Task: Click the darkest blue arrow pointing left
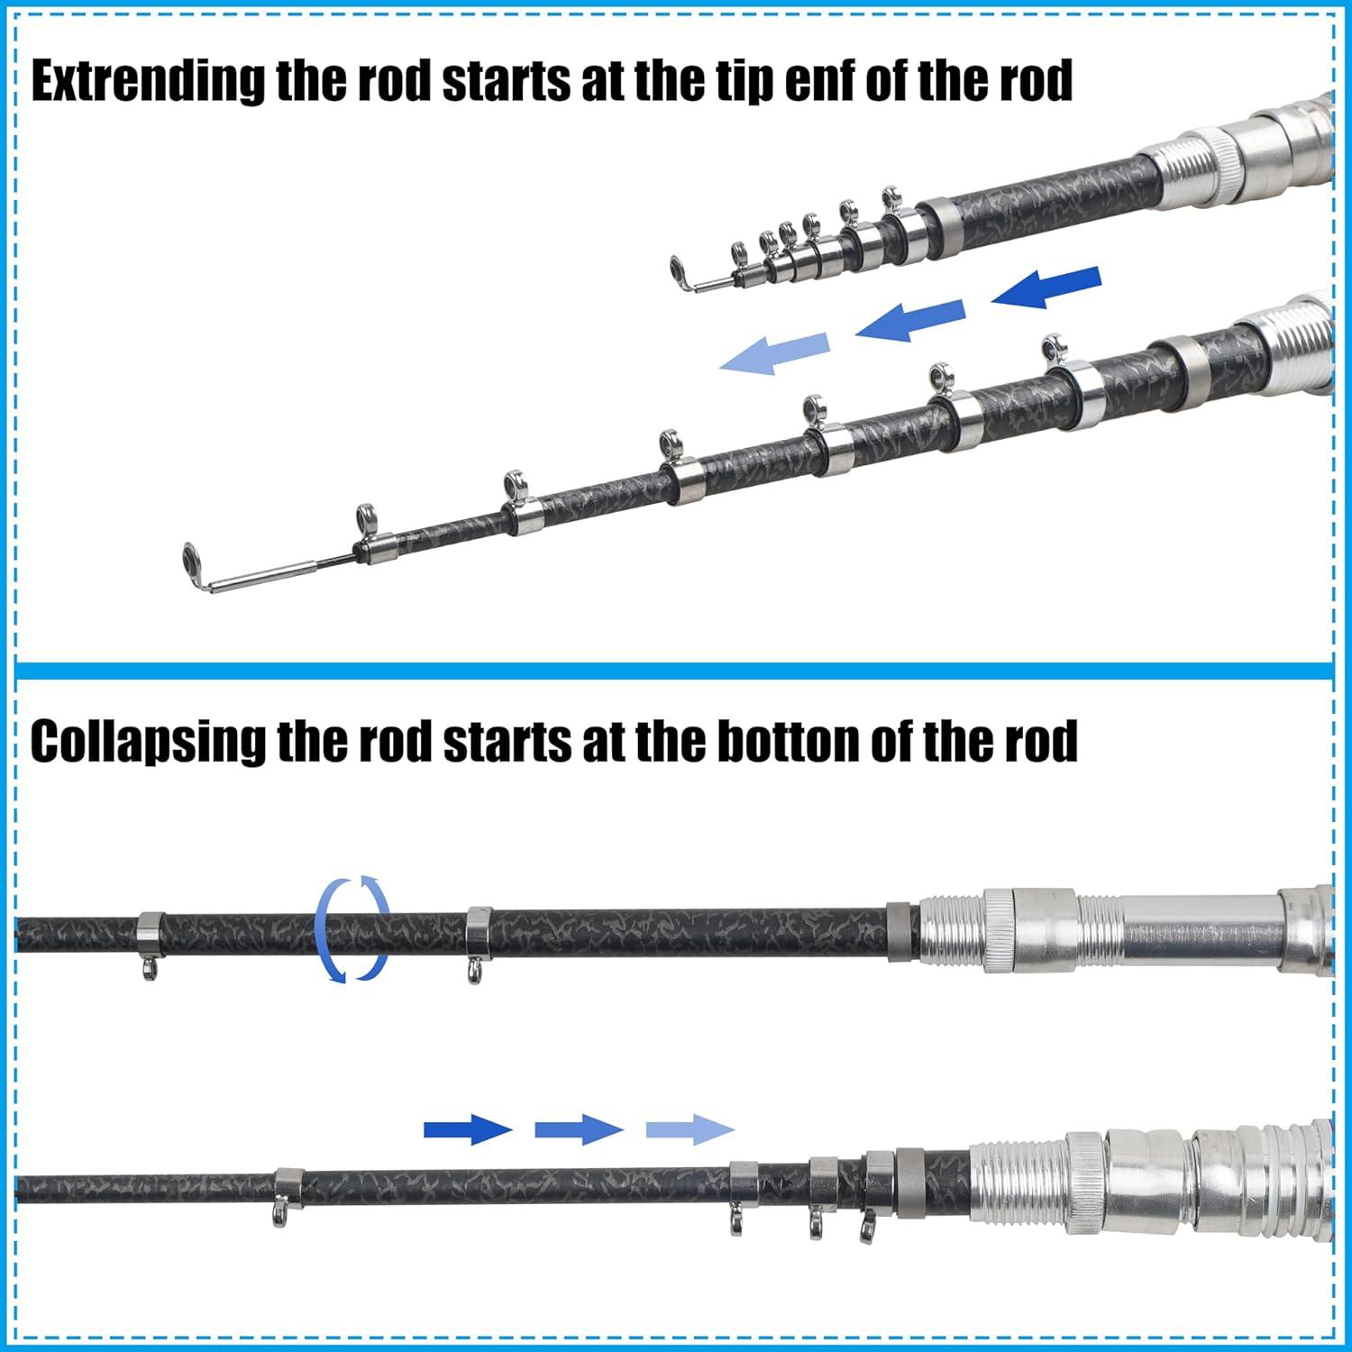[x=1047, y=288]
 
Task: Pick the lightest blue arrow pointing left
[x=774, y=352]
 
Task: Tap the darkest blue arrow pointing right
[x=468, y=1128]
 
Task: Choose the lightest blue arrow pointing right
[x=690, y=1128]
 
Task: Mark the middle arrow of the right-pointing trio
[x=579, y=1128]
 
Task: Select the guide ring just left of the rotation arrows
[x=148, y=970]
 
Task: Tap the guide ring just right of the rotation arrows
[x=474, y=972]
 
